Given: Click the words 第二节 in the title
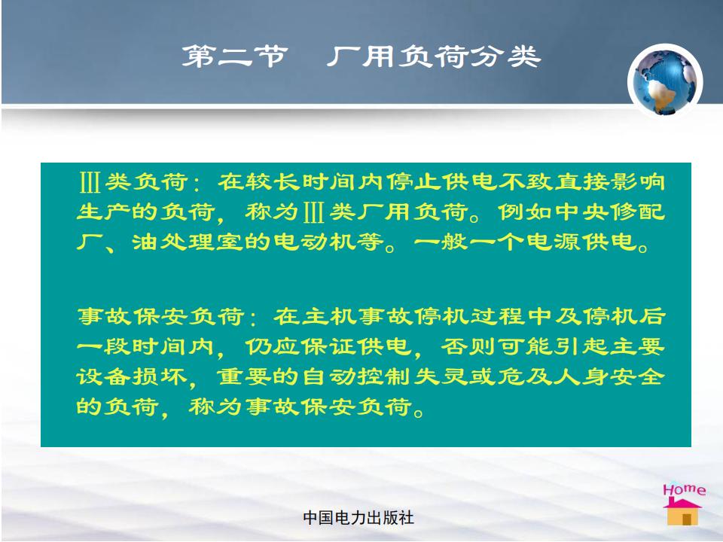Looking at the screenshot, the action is (x=235, y=56).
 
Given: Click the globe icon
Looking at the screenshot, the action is (x=665, y=81).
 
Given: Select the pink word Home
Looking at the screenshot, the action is (x=685, y=489).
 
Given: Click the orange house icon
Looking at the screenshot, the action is (x=683, y=512).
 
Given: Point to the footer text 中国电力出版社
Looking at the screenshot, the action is (x=358, y=518).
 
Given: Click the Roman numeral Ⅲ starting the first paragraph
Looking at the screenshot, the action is (x=90, y=182).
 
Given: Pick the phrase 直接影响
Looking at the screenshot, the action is (x=609, y=182).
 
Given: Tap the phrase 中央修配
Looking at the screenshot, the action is (x=609, y=212).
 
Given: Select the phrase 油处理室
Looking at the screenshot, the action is (x=188, y=242).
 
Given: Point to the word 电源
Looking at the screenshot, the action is (x=554, y=242).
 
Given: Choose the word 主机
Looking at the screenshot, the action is (x=329, y=317).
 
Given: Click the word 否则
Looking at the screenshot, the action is (x=468, y=346).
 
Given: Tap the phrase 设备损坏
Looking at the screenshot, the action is (x=132, y=376).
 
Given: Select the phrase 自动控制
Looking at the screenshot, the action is (x=357, y=376).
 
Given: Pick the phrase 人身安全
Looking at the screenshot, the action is (x=609, y=376).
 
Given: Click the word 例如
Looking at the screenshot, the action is (x=525, y=212).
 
